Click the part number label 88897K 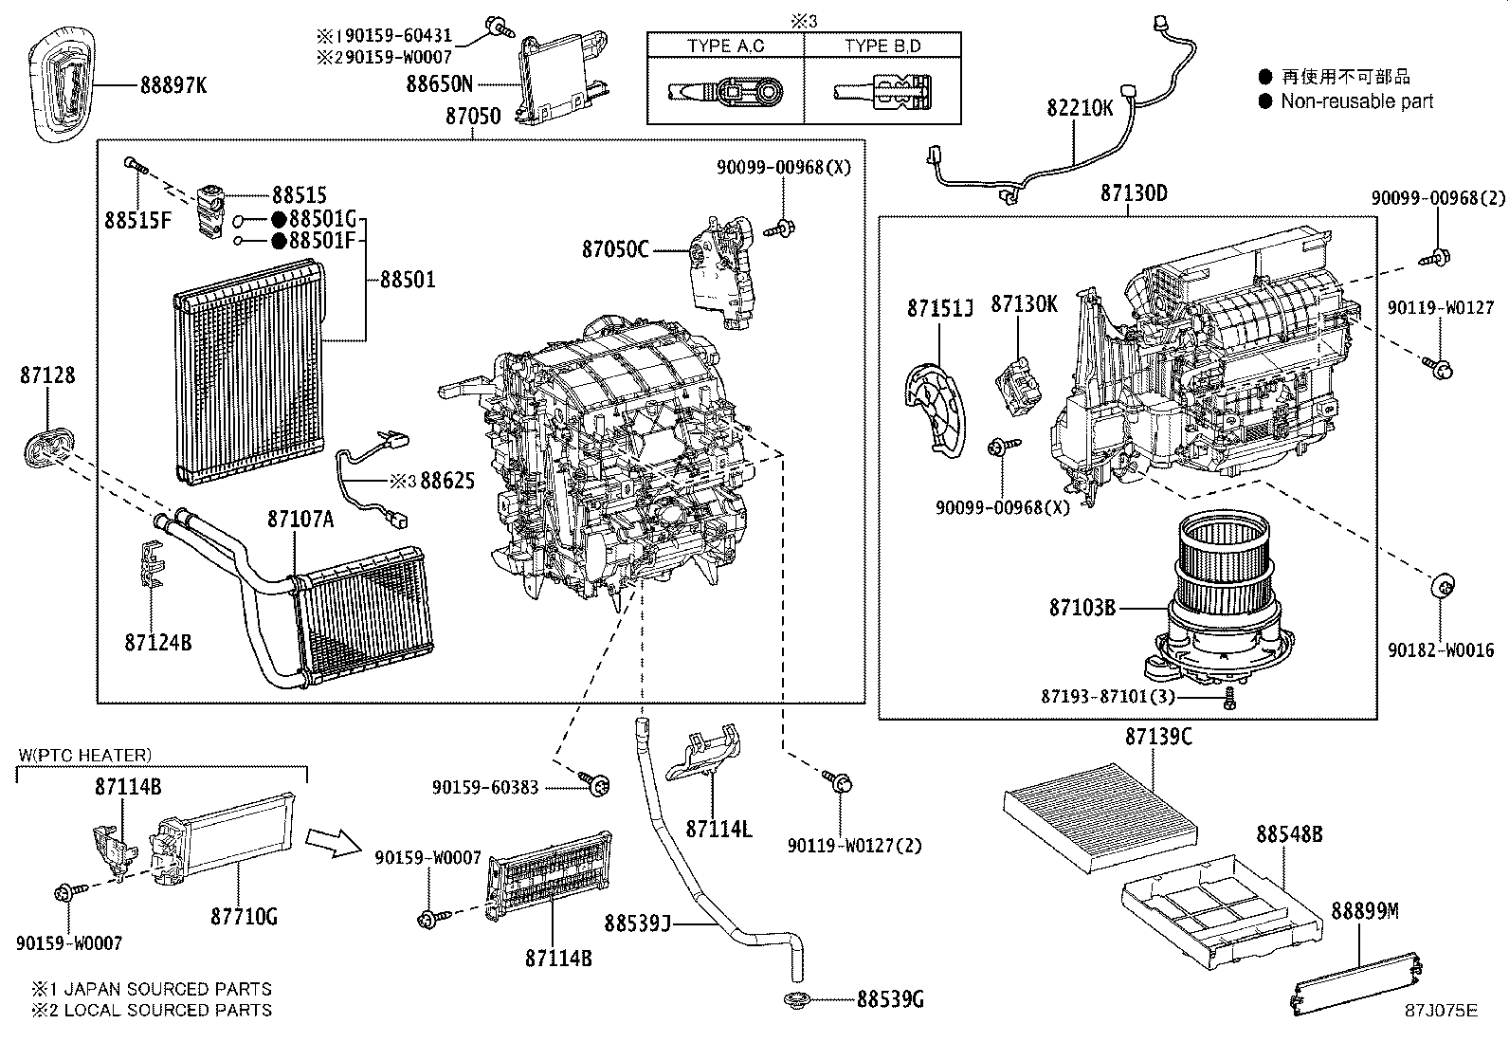pyautogui.click(x=173, y=85)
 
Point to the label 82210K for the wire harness pyautogui.click(x=1080, y=107)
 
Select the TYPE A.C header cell pyautogui.click(x=725, y=46)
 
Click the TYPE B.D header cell pyautogui.click(x=882, y=46)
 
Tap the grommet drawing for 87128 pyautogui.click(x=46, y=446)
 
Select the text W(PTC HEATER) pyautogui.click(x=85, y=755)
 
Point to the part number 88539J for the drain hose pyautogui.click(x=637, y=922)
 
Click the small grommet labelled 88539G pyautogui.click(x=797, y=998)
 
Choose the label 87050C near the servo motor pyautogui.click(x=615, y=249)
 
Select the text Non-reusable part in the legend pyautogui.click(x=1356, y=101)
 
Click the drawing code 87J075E pyautogui.click(x=1441, y=1011)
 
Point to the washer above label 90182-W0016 pyautogui.click(x=1441, y=586)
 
